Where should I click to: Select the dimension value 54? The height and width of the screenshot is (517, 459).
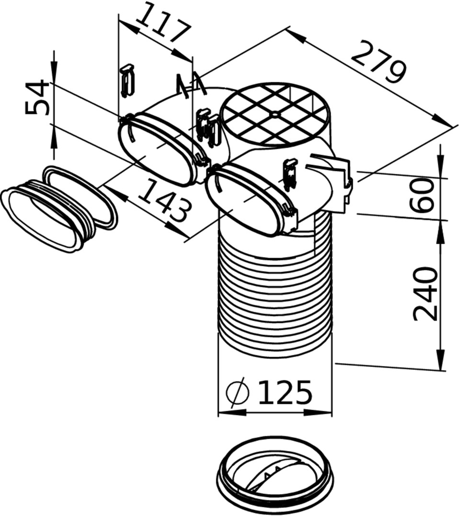tap(37, 98)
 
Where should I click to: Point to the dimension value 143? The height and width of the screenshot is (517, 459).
tap(165, 200)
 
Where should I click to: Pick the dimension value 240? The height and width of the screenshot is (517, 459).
tap(425, 294)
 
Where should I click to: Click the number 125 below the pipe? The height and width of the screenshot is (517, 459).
tap(285, 393)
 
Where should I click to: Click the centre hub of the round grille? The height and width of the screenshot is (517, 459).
tap(275, 114)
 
